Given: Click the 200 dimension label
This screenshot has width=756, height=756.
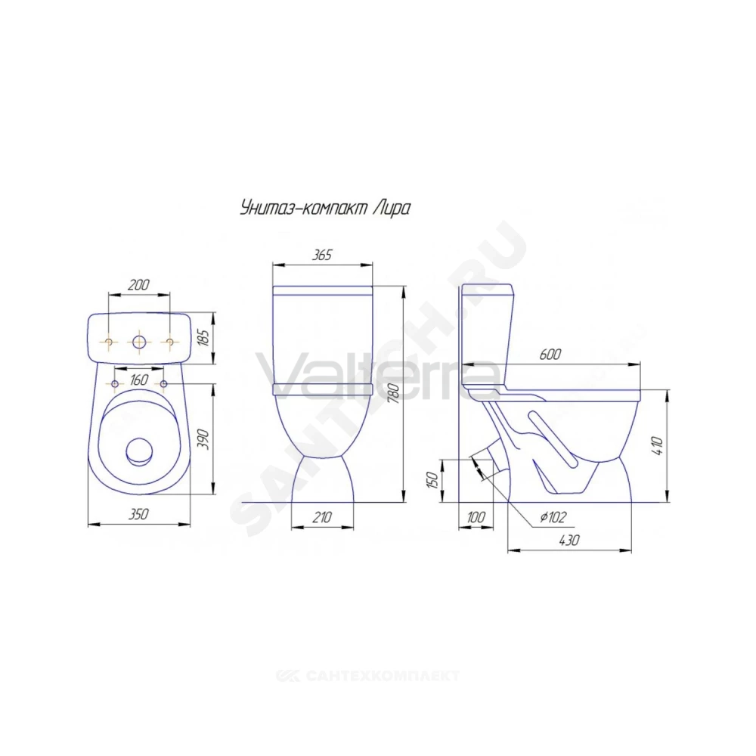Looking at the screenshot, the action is pyautogui.click(x=138, y=285).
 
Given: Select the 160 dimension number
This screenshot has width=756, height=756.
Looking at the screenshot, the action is pyautogui.click(x=139, y=380).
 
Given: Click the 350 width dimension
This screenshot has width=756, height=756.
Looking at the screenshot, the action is pyautogui.click(x=138, y=514).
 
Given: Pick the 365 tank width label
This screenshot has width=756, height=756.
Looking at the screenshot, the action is pyautogui.click(x=321, y=255).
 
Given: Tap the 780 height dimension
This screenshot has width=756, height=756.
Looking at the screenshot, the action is pyautogui.click(x=394, y=393).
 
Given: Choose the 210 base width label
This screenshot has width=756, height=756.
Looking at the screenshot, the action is pyautogui.click(x=322, y=517).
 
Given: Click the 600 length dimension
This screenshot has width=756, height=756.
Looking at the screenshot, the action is pyautogui.click(x=550, y=355).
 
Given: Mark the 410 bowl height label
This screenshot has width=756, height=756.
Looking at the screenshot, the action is pyautogui.click(x=659, y=446).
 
